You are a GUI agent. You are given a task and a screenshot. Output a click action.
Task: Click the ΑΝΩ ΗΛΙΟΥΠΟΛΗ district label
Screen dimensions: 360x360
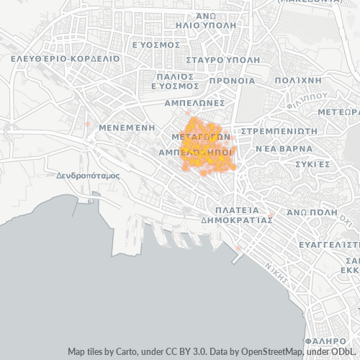point(216,19)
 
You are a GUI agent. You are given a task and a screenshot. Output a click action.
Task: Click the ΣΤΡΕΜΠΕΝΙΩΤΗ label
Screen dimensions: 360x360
point(279,131)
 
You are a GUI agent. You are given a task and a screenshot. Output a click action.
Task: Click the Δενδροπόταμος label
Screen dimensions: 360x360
point(88,175)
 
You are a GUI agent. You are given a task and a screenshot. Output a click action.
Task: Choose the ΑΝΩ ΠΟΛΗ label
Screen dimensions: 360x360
point(311,212)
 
